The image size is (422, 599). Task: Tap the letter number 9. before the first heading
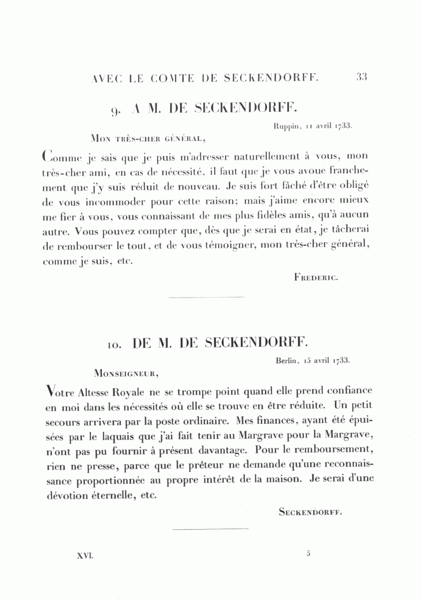116,111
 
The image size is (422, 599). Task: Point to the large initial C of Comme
46,155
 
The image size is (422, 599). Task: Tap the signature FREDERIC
316,277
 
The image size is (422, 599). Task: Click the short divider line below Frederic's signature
206,297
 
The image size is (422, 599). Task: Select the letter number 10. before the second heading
115,345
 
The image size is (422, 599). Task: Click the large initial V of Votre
46,390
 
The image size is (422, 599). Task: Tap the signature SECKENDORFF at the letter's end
310,512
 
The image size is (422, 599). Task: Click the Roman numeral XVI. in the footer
85,555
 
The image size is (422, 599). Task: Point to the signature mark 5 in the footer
309,554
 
